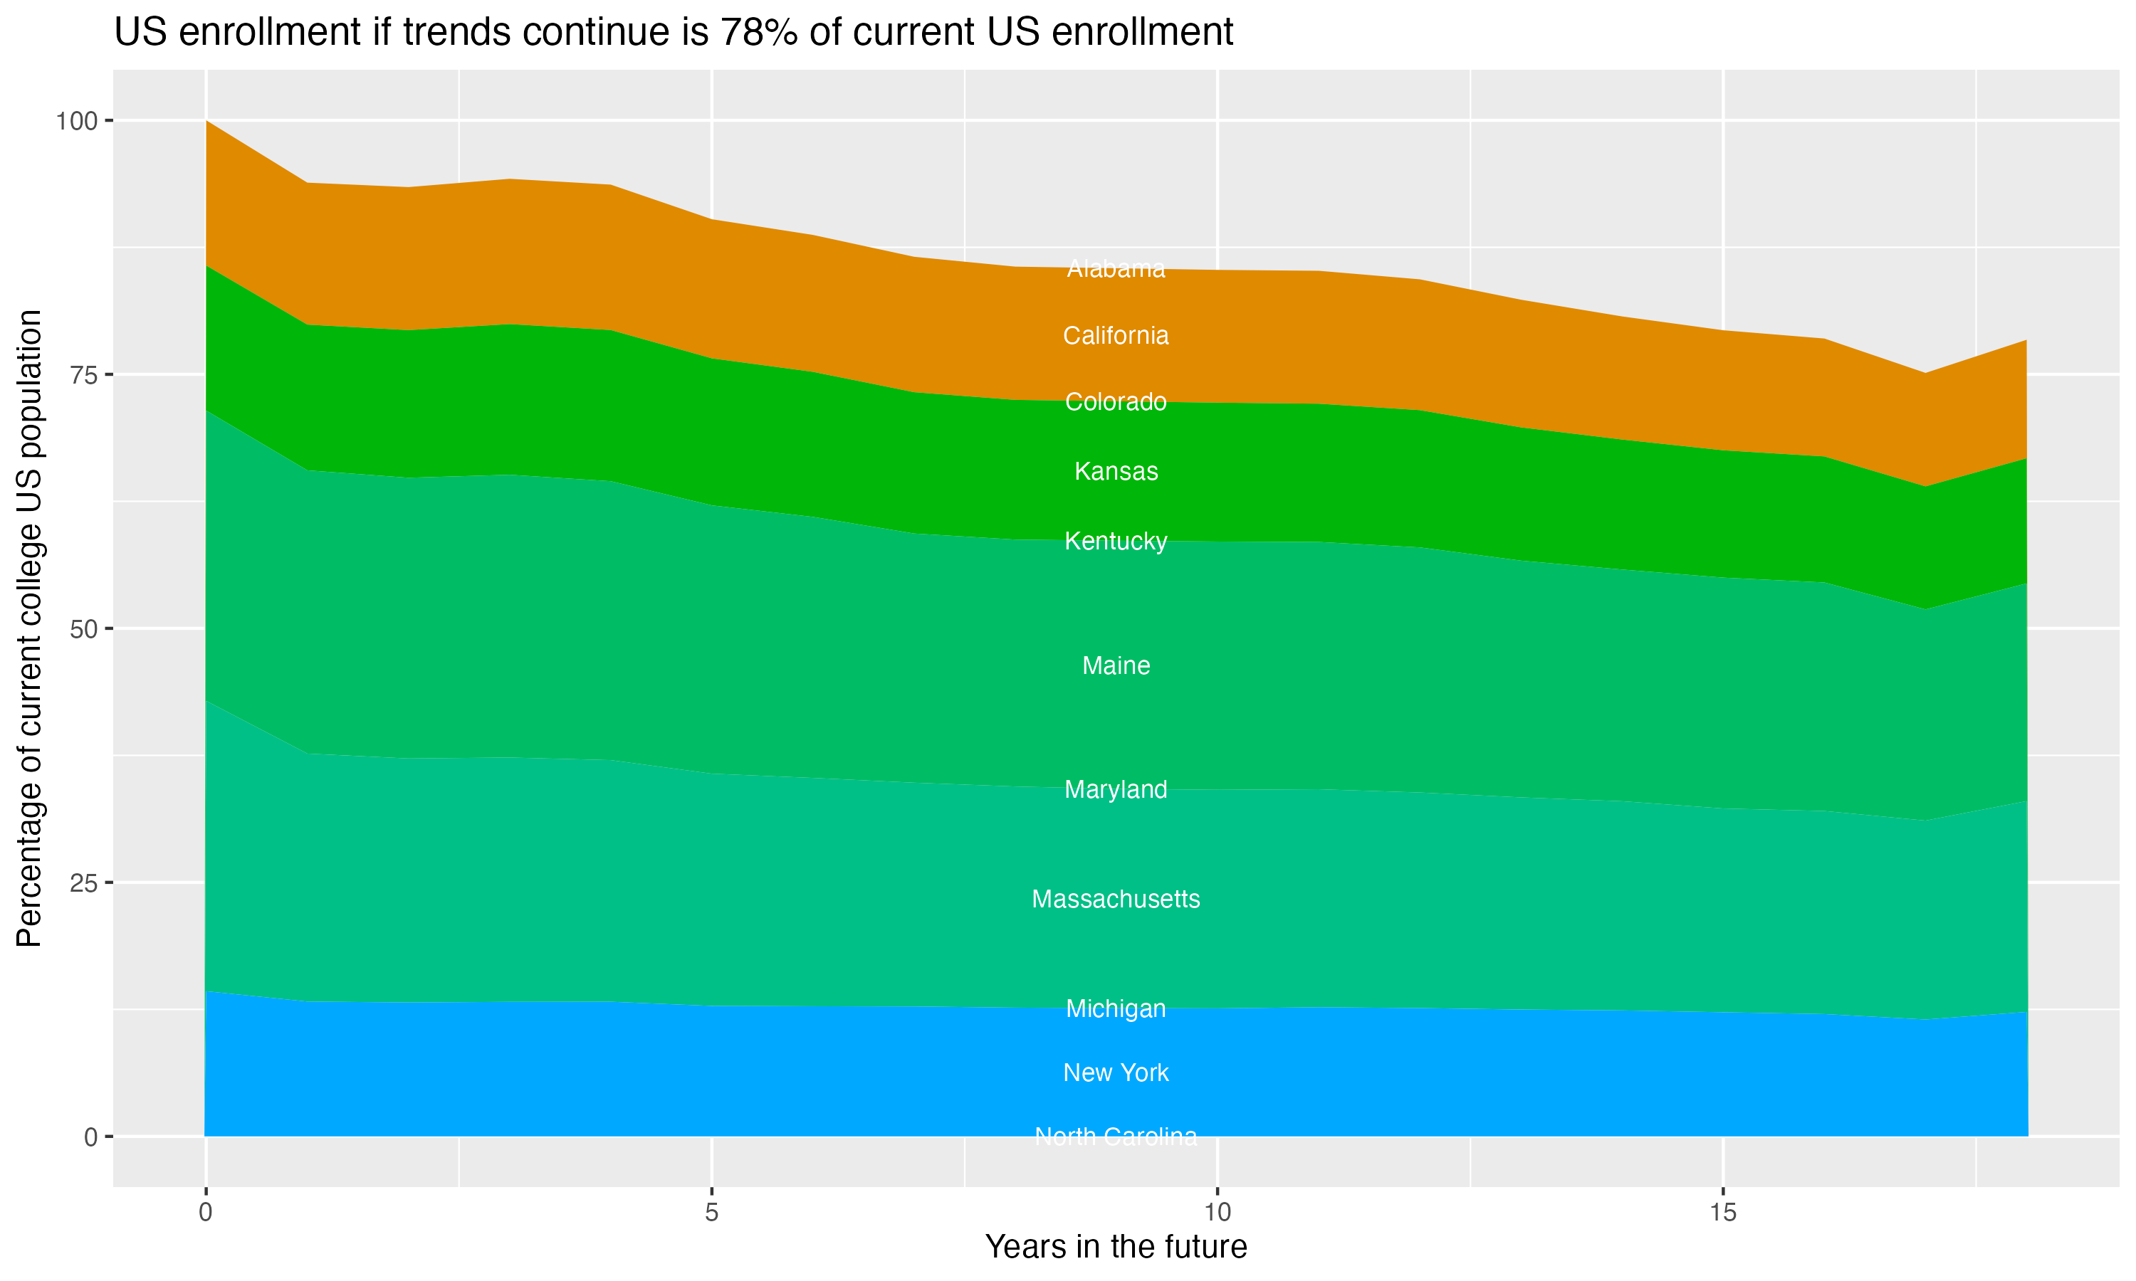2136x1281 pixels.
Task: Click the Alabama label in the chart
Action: pyautogui.click(x=1116, y=269)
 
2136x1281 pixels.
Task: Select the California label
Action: pyautogui.click(x=1116, y=336)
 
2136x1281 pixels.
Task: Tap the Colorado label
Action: pyautogui.click(x=1116, y=402)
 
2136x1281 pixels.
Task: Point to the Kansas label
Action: pyautogui.click(x=1116, y=471)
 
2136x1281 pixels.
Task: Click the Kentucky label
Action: pyautogui.click(x=1116, y=542)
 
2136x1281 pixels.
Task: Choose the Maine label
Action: pyautogui.click(x=1116, y=665)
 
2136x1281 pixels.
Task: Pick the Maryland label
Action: pyautogui.click(x=1116, y=790)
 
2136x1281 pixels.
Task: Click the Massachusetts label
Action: pyautogui.click(x=1116, y=900)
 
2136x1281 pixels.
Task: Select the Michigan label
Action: pyautogui.click(x=1116, y=1008)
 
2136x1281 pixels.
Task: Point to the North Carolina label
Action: pyautogui.click(x=1116, y=1137)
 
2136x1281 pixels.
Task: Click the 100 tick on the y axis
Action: pyautogui.click(x=76, y=121)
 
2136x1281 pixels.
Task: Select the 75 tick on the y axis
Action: pyautogui.click(x=82, y=374)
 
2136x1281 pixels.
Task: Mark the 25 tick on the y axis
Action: pyautogui.click(x=82, y=883)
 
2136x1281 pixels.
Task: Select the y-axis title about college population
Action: pyautogui.click(x=29, y=628)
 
